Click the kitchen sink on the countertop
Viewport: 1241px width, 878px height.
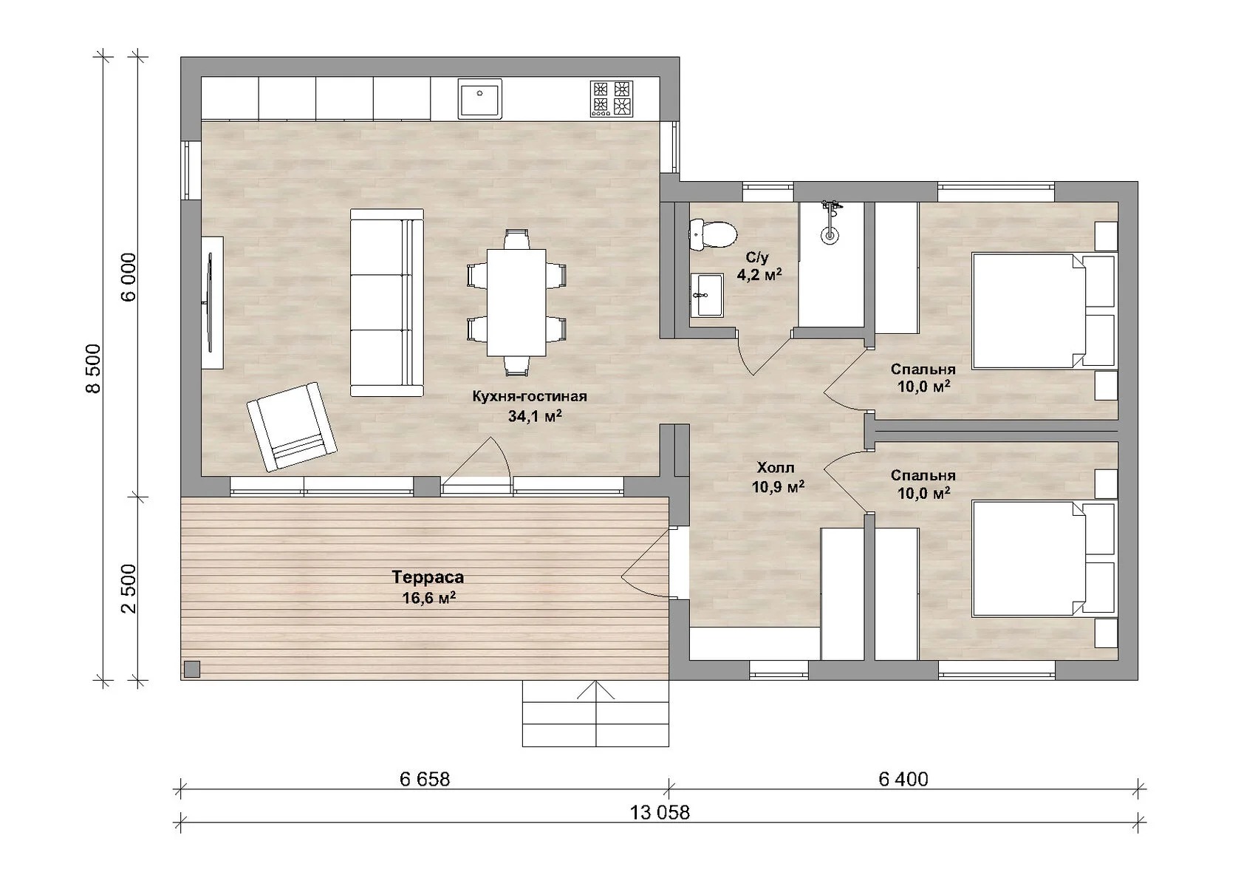480,99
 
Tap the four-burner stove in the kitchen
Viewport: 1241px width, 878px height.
612,99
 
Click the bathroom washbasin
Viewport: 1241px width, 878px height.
706,295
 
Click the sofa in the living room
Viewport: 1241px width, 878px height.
387,302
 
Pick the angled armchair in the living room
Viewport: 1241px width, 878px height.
291,427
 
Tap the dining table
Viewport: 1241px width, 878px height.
516,303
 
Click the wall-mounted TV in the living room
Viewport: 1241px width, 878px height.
210,302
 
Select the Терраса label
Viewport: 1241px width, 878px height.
428,577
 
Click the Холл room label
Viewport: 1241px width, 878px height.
776,468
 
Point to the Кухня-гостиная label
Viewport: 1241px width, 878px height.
529,396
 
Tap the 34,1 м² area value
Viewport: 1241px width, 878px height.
535,415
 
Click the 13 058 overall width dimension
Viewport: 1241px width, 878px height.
660,813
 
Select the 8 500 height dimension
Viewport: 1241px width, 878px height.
94,369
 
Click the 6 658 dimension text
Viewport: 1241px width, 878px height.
425,779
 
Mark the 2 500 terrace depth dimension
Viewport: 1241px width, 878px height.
129,588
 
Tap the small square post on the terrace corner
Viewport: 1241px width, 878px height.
192,669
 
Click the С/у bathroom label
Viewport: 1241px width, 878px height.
757,257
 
